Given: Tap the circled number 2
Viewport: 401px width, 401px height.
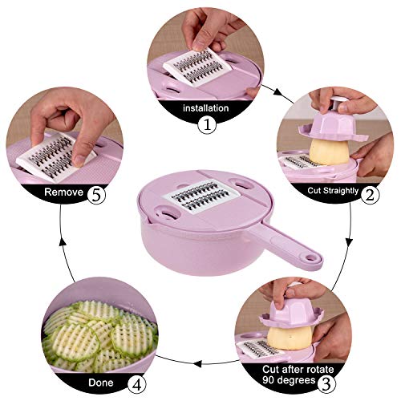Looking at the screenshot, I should (x=369, y=193).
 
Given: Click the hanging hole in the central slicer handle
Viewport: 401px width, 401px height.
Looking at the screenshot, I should (x=311, y=260).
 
